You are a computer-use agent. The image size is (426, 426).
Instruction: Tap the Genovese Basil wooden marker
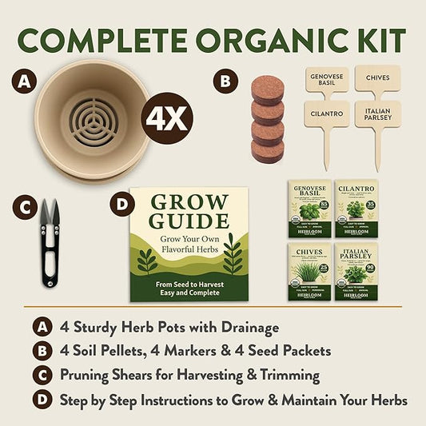pos(327,82)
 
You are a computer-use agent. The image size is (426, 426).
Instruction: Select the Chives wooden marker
pos(376,78)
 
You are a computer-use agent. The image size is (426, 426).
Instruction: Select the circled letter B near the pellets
pos(225,80)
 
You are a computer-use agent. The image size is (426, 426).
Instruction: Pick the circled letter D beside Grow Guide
pos(121,205)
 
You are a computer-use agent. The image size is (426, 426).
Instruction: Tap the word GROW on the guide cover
pos(189,204)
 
